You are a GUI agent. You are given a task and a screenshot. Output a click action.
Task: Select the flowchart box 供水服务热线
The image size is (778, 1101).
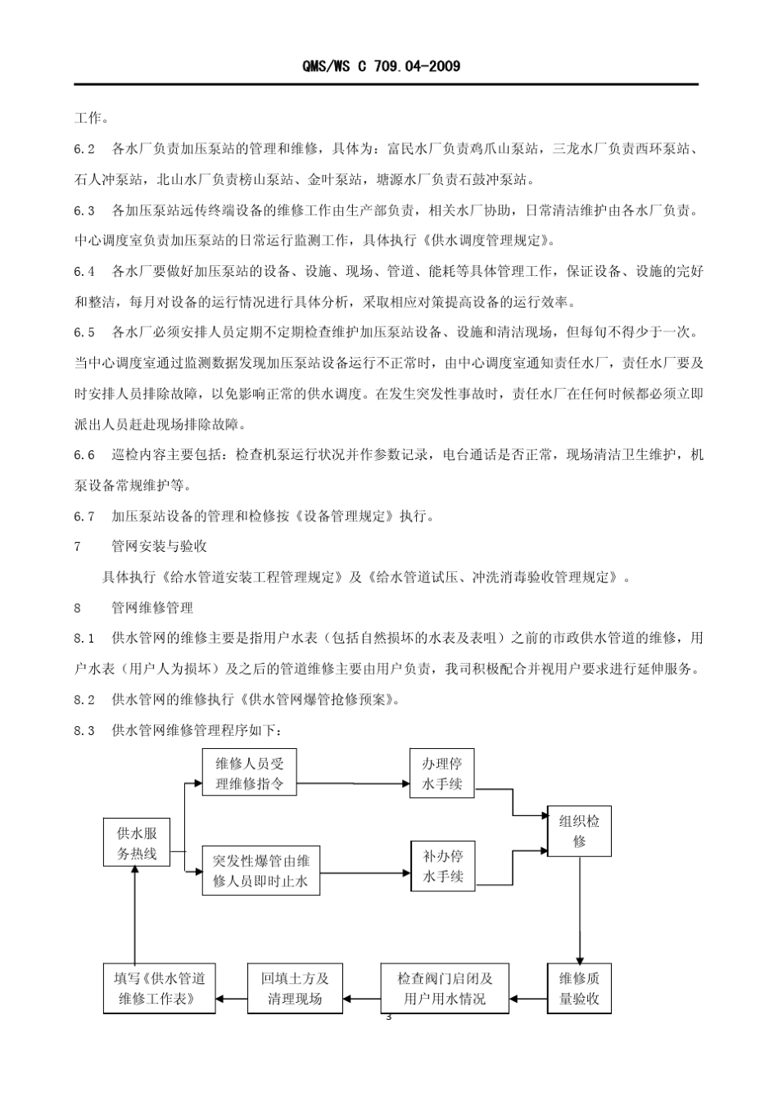(x=137, y=843)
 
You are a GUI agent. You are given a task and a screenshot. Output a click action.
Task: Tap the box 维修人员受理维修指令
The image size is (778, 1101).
(x=249, y=773)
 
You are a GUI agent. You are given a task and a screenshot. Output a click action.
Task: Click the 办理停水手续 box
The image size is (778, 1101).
(x=442, y=774)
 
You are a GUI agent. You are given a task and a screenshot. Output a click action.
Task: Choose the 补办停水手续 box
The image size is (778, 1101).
(x=442, y=866)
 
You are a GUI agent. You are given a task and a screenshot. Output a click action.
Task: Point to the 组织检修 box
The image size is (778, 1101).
(x=579, y=831)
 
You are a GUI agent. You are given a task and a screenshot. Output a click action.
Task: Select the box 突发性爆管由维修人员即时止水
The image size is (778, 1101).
(x=260, y=871)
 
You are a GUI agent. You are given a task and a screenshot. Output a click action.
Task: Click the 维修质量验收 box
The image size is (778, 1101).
(x=579, y=988)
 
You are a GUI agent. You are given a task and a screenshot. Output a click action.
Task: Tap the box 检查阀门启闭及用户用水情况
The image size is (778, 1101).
(x=445, y=988)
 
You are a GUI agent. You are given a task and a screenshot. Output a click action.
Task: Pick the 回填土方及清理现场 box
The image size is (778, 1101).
(x=295, y=988)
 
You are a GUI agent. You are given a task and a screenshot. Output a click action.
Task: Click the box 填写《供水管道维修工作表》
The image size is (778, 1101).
(x=160, y=988)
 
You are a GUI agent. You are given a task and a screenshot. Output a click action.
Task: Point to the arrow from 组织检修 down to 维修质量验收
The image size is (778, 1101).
(x=579, y=909)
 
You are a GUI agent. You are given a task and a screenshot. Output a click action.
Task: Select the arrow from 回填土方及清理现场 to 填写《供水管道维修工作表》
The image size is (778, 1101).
(x=232, y=998)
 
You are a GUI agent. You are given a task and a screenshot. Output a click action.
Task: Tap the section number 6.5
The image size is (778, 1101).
(x=84, y=332)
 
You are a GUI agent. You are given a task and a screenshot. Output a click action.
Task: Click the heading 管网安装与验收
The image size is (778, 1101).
(x=159, y=546)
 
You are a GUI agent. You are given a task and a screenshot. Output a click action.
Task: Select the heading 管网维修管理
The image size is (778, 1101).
(x=152, y=607)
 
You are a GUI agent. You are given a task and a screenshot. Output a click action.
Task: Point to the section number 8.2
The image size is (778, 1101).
(x=84, y=699)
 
